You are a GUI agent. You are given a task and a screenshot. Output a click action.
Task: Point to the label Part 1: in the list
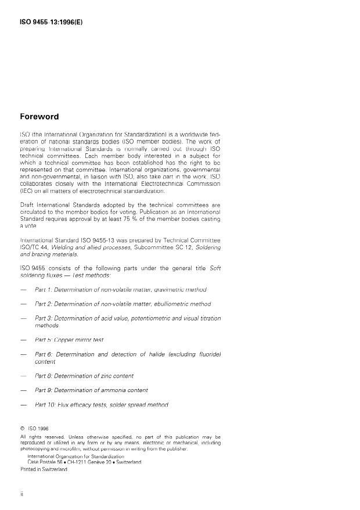(44, 289)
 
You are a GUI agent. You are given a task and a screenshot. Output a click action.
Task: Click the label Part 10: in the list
(45, 404)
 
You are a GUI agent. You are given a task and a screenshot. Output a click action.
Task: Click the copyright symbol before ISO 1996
(23, 429)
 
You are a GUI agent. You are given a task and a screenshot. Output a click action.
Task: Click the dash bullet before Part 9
(23, 390)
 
